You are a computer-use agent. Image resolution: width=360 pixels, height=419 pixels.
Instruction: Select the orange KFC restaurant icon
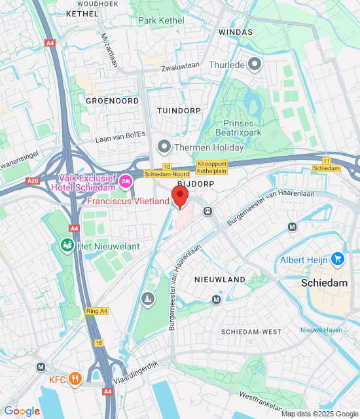pos(75,378)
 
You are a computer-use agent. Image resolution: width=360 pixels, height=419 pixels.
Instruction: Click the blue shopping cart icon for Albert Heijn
pos(338,260)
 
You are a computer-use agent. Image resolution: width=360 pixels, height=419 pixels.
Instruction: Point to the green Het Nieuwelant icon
pos(66,246)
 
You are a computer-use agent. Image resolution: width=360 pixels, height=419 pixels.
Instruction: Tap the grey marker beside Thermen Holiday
pos(164,146)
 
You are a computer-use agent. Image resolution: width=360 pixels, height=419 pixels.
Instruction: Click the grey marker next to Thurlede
pos(254,64)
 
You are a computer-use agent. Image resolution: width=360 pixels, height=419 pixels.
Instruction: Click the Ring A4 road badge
pos(96,312)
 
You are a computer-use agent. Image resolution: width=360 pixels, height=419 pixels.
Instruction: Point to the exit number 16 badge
pos(98,342)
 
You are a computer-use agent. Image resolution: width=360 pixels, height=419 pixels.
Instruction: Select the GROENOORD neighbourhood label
pos(112,101)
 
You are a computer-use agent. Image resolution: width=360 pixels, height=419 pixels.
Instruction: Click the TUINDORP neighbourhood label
pos(179,111)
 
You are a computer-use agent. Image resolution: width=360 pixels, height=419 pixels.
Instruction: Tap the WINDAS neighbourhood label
pos(235,31)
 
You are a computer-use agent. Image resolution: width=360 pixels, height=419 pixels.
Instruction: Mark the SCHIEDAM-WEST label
pos(251,332)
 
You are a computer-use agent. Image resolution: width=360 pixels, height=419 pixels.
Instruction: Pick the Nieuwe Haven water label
pos(321,329)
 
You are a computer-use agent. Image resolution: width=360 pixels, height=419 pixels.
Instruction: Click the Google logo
pos(22,411)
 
